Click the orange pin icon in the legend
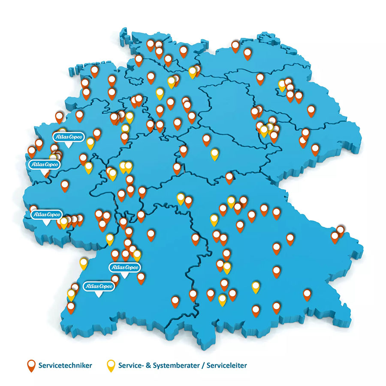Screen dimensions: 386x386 [x=31, y=365]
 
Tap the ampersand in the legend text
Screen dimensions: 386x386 [x=146, y=366]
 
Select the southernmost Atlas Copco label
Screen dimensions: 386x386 [x=98, y=286]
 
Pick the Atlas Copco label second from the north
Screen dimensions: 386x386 [x=44, y=165]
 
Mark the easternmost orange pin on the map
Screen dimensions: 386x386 [x=341, y=230]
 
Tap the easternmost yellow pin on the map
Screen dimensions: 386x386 [x=282, y=84]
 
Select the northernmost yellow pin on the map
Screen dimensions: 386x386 [x=193, y=71]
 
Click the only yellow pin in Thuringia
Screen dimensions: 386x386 [x=214, y=153]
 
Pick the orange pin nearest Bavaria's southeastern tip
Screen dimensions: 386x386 [x=307, y=294]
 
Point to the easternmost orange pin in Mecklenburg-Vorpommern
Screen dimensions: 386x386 [x=247, y=53]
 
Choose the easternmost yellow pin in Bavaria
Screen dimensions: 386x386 [x=256, y=286]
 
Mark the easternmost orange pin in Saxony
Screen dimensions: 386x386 [x=315, y=149]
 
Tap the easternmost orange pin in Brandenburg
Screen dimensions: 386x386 [x=311, y=111]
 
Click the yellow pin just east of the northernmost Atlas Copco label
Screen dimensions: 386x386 [x=90, y=142]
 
